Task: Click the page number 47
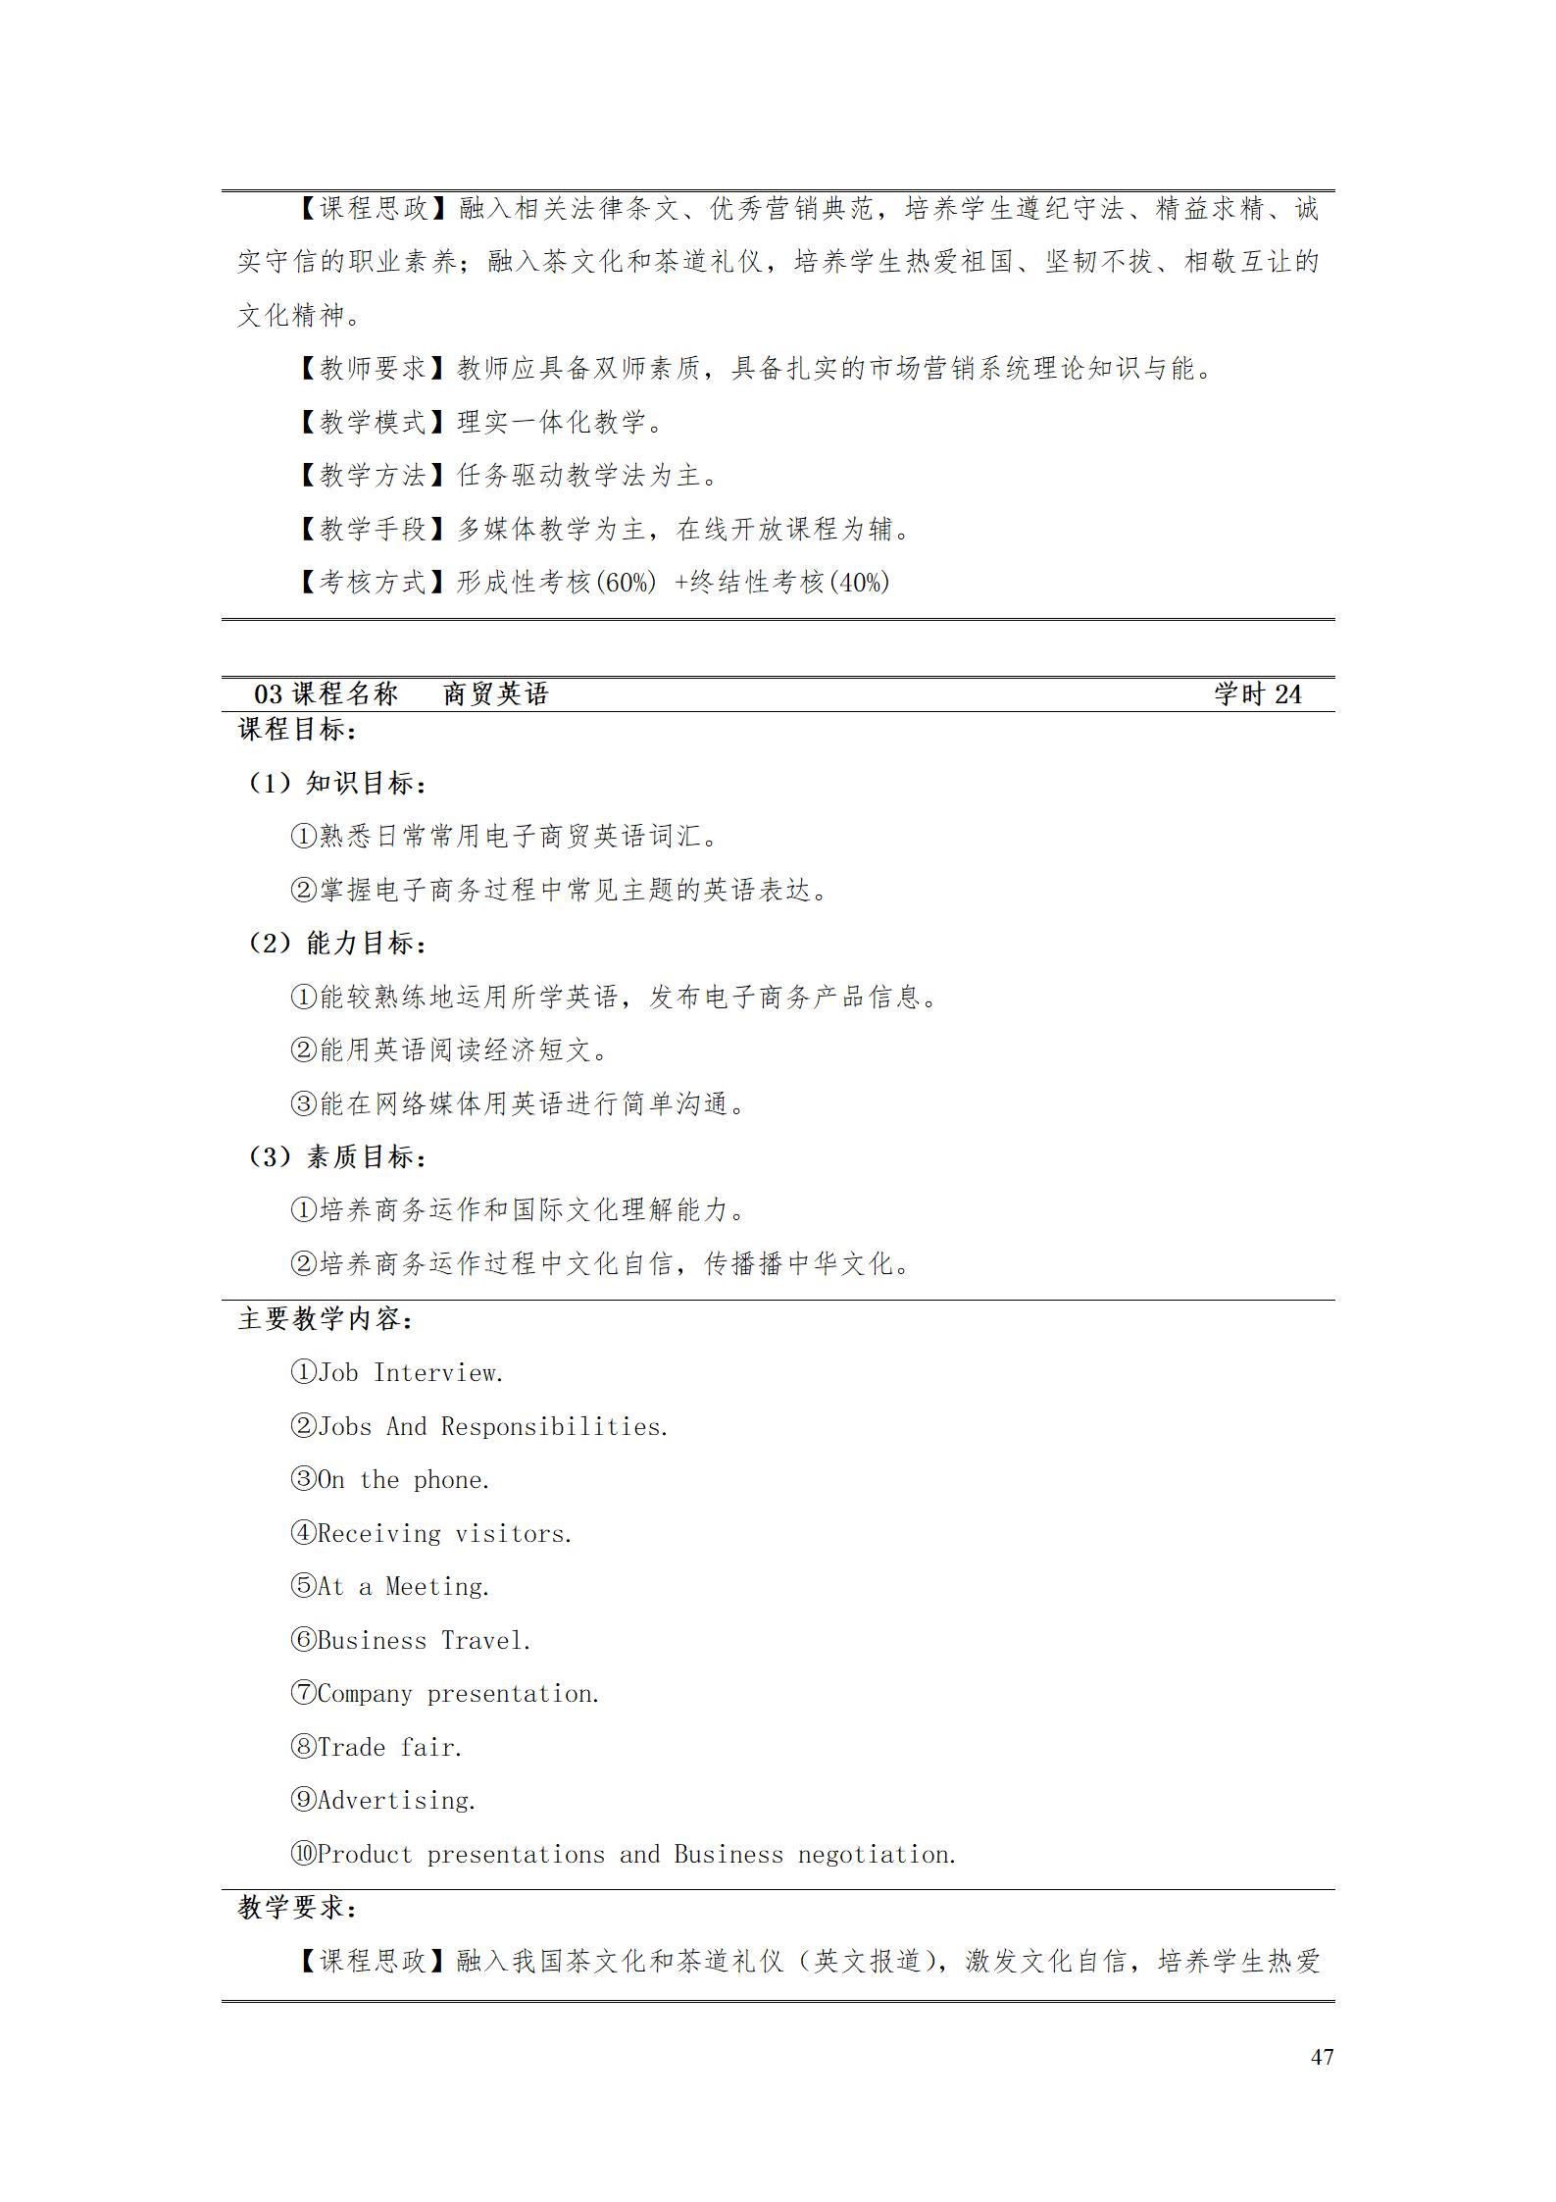pos(1321,2057)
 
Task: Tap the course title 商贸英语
pos(495,694)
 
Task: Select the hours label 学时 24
pos(1257,694)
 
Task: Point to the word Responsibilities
pos(553,1426)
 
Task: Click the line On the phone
pos(403,1479)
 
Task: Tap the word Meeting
pos(436,1586)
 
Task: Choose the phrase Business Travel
pos(424,1640)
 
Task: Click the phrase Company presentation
pos(458,1693)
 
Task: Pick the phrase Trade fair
pos(389,1747)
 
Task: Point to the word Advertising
pos(396,1800)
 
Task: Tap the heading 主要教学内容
pos(326,1319)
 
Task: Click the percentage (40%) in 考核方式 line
pos(859,583)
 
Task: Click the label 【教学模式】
pos(374,422)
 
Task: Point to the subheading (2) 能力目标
pos(335,944)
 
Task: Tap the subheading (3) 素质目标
pos(335,1157)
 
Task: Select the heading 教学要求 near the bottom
pos(297,1908)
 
